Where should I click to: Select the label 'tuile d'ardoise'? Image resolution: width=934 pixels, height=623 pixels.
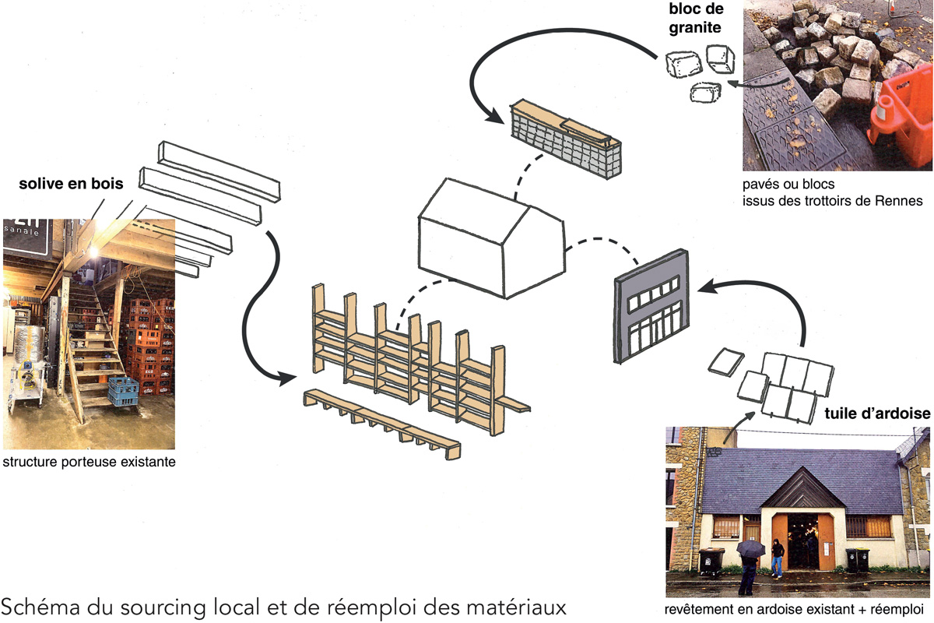pos(876,414)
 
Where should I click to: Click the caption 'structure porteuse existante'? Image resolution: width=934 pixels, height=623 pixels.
pos(89,462)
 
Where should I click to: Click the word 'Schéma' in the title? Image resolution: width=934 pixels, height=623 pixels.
pos(39,604)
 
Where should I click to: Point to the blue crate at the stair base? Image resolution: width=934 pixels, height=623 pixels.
pos(123,392)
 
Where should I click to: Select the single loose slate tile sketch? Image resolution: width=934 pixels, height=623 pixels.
pos(726,362)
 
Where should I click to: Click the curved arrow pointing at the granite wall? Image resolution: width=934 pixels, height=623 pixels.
pos(545,62)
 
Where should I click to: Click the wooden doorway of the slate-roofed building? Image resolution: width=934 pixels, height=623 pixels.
pos(802,537)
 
